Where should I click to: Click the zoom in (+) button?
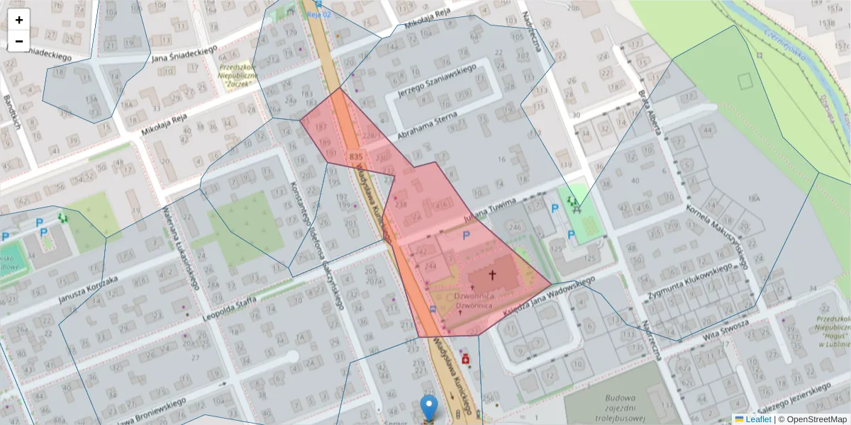(x=19, y=20)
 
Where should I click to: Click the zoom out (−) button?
(x=19, y=41)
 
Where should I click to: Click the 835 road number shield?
(x=357, y=155)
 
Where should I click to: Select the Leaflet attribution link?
(x=758, y=419)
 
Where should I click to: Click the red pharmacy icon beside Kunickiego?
(x=466, y=358)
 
